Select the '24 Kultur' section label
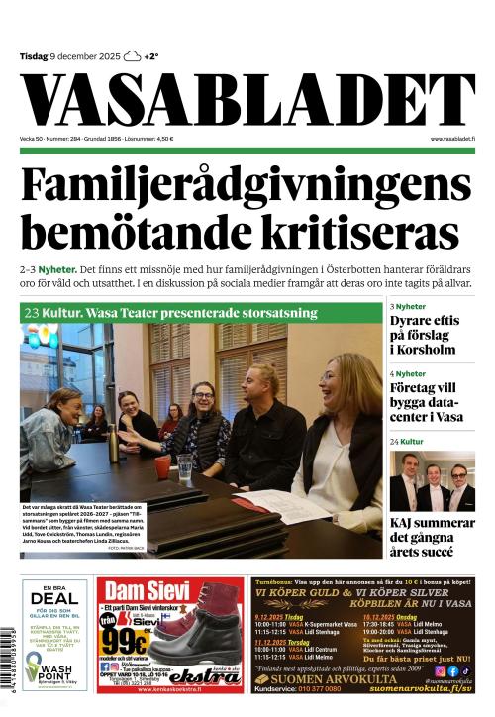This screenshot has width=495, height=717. (407, 440)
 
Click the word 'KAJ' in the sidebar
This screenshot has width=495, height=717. (407, 523)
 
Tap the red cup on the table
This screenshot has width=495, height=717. (162, 465)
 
